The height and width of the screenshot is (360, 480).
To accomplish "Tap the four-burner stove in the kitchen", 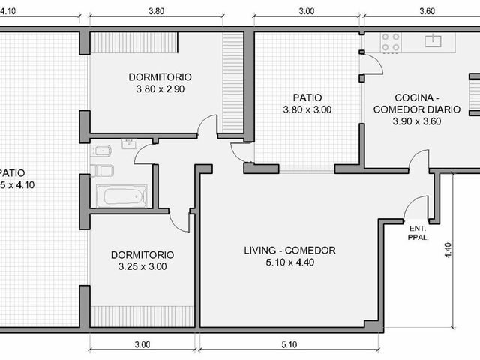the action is pos(391,42).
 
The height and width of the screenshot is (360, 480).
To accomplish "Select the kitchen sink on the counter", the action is pos(433,41).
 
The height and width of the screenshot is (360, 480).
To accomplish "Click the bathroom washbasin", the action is pos(129,144).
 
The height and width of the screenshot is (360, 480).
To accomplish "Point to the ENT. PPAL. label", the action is pos(418,232).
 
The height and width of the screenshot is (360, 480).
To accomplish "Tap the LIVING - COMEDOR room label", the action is pos(289,250).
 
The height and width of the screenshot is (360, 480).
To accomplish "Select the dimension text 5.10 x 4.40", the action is pos(290,262).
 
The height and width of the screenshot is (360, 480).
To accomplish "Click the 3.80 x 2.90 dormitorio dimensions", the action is pos(160,89).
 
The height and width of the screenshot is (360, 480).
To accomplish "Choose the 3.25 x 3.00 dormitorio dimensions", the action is pos(142,266).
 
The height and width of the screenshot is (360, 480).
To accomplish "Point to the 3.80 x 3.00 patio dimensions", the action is pos(307,109).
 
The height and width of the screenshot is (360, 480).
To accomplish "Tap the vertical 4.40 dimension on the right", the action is pos(448,250).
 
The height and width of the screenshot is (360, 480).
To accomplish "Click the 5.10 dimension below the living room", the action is pos(289,345).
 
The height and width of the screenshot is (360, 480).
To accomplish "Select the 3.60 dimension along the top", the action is pos(427,11).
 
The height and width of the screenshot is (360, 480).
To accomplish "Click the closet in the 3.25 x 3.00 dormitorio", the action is pos(142,316).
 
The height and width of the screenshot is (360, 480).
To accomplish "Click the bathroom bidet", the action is pos(101,151).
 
